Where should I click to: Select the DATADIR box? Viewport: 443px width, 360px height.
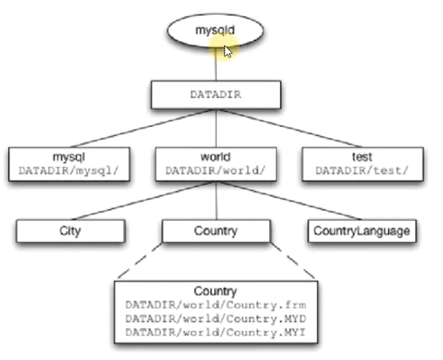point(215,94)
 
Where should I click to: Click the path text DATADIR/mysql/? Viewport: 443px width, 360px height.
point(68,171)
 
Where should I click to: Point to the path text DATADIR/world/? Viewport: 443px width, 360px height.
point(215,171)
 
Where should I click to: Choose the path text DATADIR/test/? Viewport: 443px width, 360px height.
point(362,171)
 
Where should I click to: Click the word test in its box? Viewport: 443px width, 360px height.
point(362,157)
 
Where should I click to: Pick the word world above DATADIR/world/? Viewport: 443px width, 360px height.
point(215,157)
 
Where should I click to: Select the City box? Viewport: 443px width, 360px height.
point(70,231)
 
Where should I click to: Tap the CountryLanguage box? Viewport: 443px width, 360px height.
point(362,231)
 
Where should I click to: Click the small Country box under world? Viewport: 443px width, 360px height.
point(215,231)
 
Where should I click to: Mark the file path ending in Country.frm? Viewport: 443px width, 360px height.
point(215,305)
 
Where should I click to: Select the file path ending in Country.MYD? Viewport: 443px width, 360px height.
point(215,319)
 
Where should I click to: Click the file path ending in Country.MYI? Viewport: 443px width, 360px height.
point(215,332)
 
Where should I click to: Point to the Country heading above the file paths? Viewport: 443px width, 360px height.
point(215,292)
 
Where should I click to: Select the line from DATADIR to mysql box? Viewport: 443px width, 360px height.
point(140,128)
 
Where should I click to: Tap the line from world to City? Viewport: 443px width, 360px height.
point(140,201)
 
